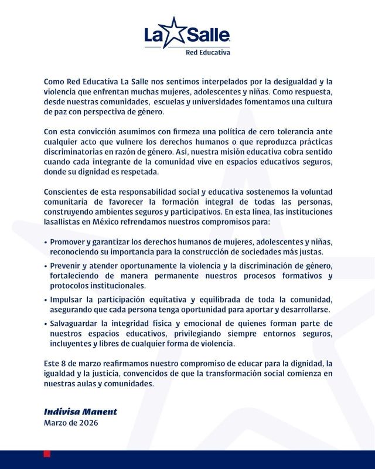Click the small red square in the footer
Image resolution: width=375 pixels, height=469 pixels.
[x=47, y=454]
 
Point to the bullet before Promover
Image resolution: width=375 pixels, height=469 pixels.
[x=46, y=242]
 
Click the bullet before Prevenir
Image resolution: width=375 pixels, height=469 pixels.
[x=46, y=266]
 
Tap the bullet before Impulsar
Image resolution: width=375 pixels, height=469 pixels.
[x=46, y=299]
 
